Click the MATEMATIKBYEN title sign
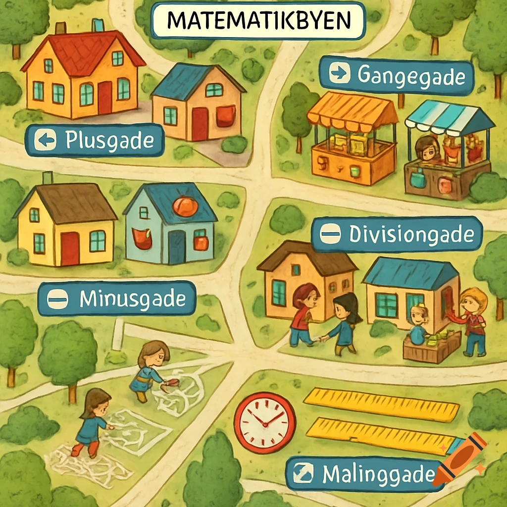[258, 21]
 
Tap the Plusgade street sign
[95, 140]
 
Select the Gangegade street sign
[396, 76]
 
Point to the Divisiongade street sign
[397, 234]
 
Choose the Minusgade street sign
[117, 299]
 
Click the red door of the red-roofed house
[105, 98]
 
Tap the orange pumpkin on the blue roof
[185, 206]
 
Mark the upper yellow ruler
[381, 404]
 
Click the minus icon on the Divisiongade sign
[330, 235]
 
